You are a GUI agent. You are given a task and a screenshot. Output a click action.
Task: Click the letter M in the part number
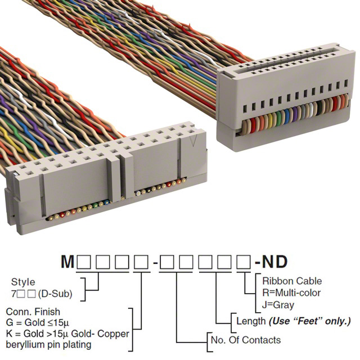pos(67,262)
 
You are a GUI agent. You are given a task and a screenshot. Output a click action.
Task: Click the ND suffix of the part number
pos(274,262)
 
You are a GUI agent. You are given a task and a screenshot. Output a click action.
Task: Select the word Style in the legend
pos(22,282)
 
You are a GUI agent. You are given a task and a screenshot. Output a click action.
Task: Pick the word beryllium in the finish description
pos(27,344)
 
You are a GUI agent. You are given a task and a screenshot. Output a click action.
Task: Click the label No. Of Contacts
pos(245,340)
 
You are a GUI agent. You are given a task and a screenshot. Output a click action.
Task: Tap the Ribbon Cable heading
pos(292,281)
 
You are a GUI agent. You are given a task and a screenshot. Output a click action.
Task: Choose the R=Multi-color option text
pos(291,292)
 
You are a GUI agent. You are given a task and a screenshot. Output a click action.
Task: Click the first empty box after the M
pos(85,262)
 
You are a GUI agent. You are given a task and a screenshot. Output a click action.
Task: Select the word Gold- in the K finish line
pos(98,334)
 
